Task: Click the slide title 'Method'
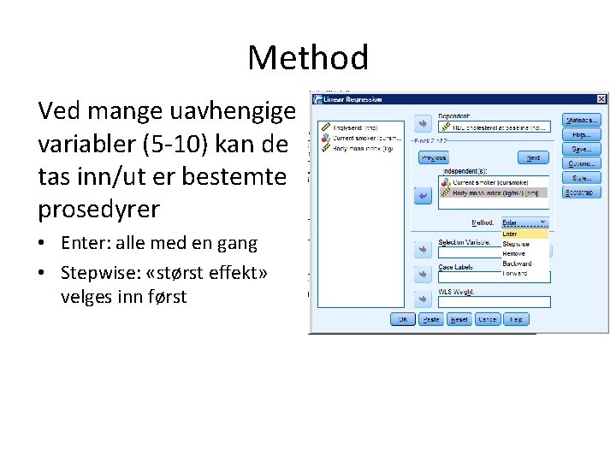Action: (x=308, y=58)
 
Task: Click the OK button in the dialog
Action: (x=402, y=319)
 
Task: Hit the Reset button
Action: (x=459, y=319)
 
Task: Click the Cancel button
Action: (x=488, y=319)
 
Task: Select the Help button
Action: (x=516, y=319)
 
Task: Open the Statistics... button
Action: (x=582, y=121)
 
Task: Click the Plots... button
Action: (x=582, y=135)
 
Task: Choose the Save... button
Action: (x=582, y=150)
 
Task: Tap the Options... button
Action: (x=582, y=164)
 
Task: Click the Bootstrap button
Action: (x=582, y=192)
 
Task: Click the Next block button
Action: (x=533, y=158)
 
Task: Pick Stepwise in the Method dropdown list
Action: (x=516, y=244)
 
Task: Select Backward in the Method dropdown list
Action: (x=517, y=264)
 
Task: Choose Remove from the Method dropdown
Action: (x=515, y=254)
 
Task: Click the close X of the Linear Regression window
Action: (x=600, y=100)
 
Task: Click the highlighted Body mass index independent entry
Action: (x=495, y=192)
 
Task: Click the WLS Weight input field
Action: (x=494, y=302)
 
